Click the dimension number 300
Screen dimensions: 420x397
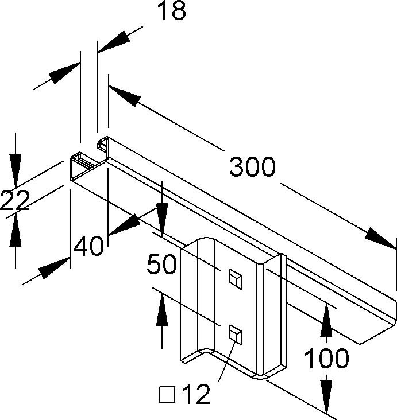coord(253,167)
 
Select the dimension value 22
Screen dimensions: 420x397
coord(14,202)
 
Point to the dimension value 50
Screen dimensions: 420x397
coord(160,265)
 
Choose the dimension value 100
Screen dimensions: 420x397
coord(326,359)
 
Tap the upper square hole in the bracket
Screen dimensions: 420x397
coord(234,278)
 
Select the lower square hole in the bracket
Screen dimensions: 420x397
coord(234,332)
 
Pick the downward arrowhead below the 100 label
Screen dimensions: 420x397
coord(326,396)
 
